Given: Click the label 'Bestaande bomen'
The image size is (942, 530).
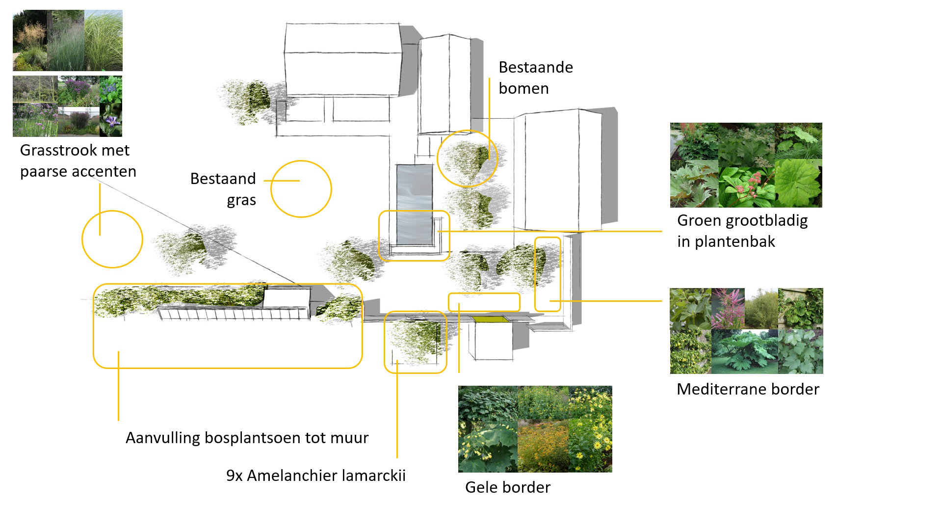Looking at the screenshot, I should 535,78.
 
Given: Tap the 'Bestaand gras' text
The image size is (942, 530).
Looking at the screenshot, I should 223,189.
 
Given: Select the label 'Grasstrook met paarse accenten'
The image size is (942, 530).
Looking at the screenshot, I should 78,160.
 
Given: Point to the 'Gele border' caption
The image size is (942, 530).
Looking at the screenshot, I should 507,487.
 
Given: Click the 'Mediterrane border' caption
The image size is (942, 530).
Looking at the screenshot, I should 747,389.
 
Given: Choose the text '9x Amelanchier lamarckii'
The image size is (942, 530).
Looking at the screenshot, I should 315,476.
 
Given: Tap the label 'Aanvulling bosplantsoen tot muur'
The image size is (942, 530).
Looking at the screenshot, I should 247,438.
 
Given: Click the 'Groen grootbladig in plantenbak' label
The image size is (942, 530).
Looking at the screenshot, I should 742,231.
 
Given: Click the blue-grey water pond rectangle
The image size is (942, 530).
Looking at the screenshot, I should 415,204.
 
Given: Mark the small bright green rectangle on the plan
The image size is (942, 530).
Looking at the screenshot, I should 490,319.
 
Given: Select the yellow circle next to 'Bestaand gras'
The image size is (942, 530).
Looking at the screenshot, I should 301,189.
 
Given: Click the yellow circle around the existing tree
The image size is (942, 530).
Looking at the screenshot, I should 467,159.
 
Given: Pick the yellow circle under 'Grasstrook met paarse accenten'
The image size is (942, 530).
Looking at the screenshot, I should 112,239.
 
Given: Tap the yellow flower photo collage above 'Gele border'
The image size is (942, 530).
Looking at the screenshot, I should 535,429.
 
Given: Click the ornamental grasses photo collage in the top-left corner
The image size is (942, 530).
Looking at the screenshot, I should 68,41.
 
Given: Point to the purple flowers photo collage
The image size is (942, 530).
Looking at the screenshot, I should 68,106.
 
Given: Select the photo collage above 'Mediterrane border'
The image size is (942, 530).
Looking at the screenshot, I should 746,331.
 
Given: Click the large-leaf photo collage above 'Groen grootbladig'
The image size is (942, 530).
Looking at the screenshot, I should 746,165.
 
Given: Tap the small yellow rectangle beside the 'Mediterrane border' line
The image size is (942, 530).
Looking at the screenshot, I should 547,274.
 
